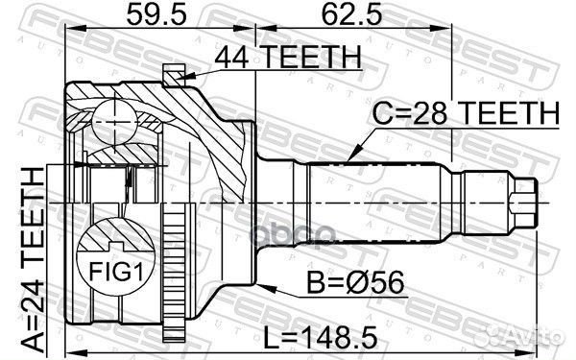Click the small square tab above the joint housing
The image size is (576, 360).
(173, 73)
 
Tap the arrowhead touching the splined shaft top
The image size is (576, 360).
(352, 154)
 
